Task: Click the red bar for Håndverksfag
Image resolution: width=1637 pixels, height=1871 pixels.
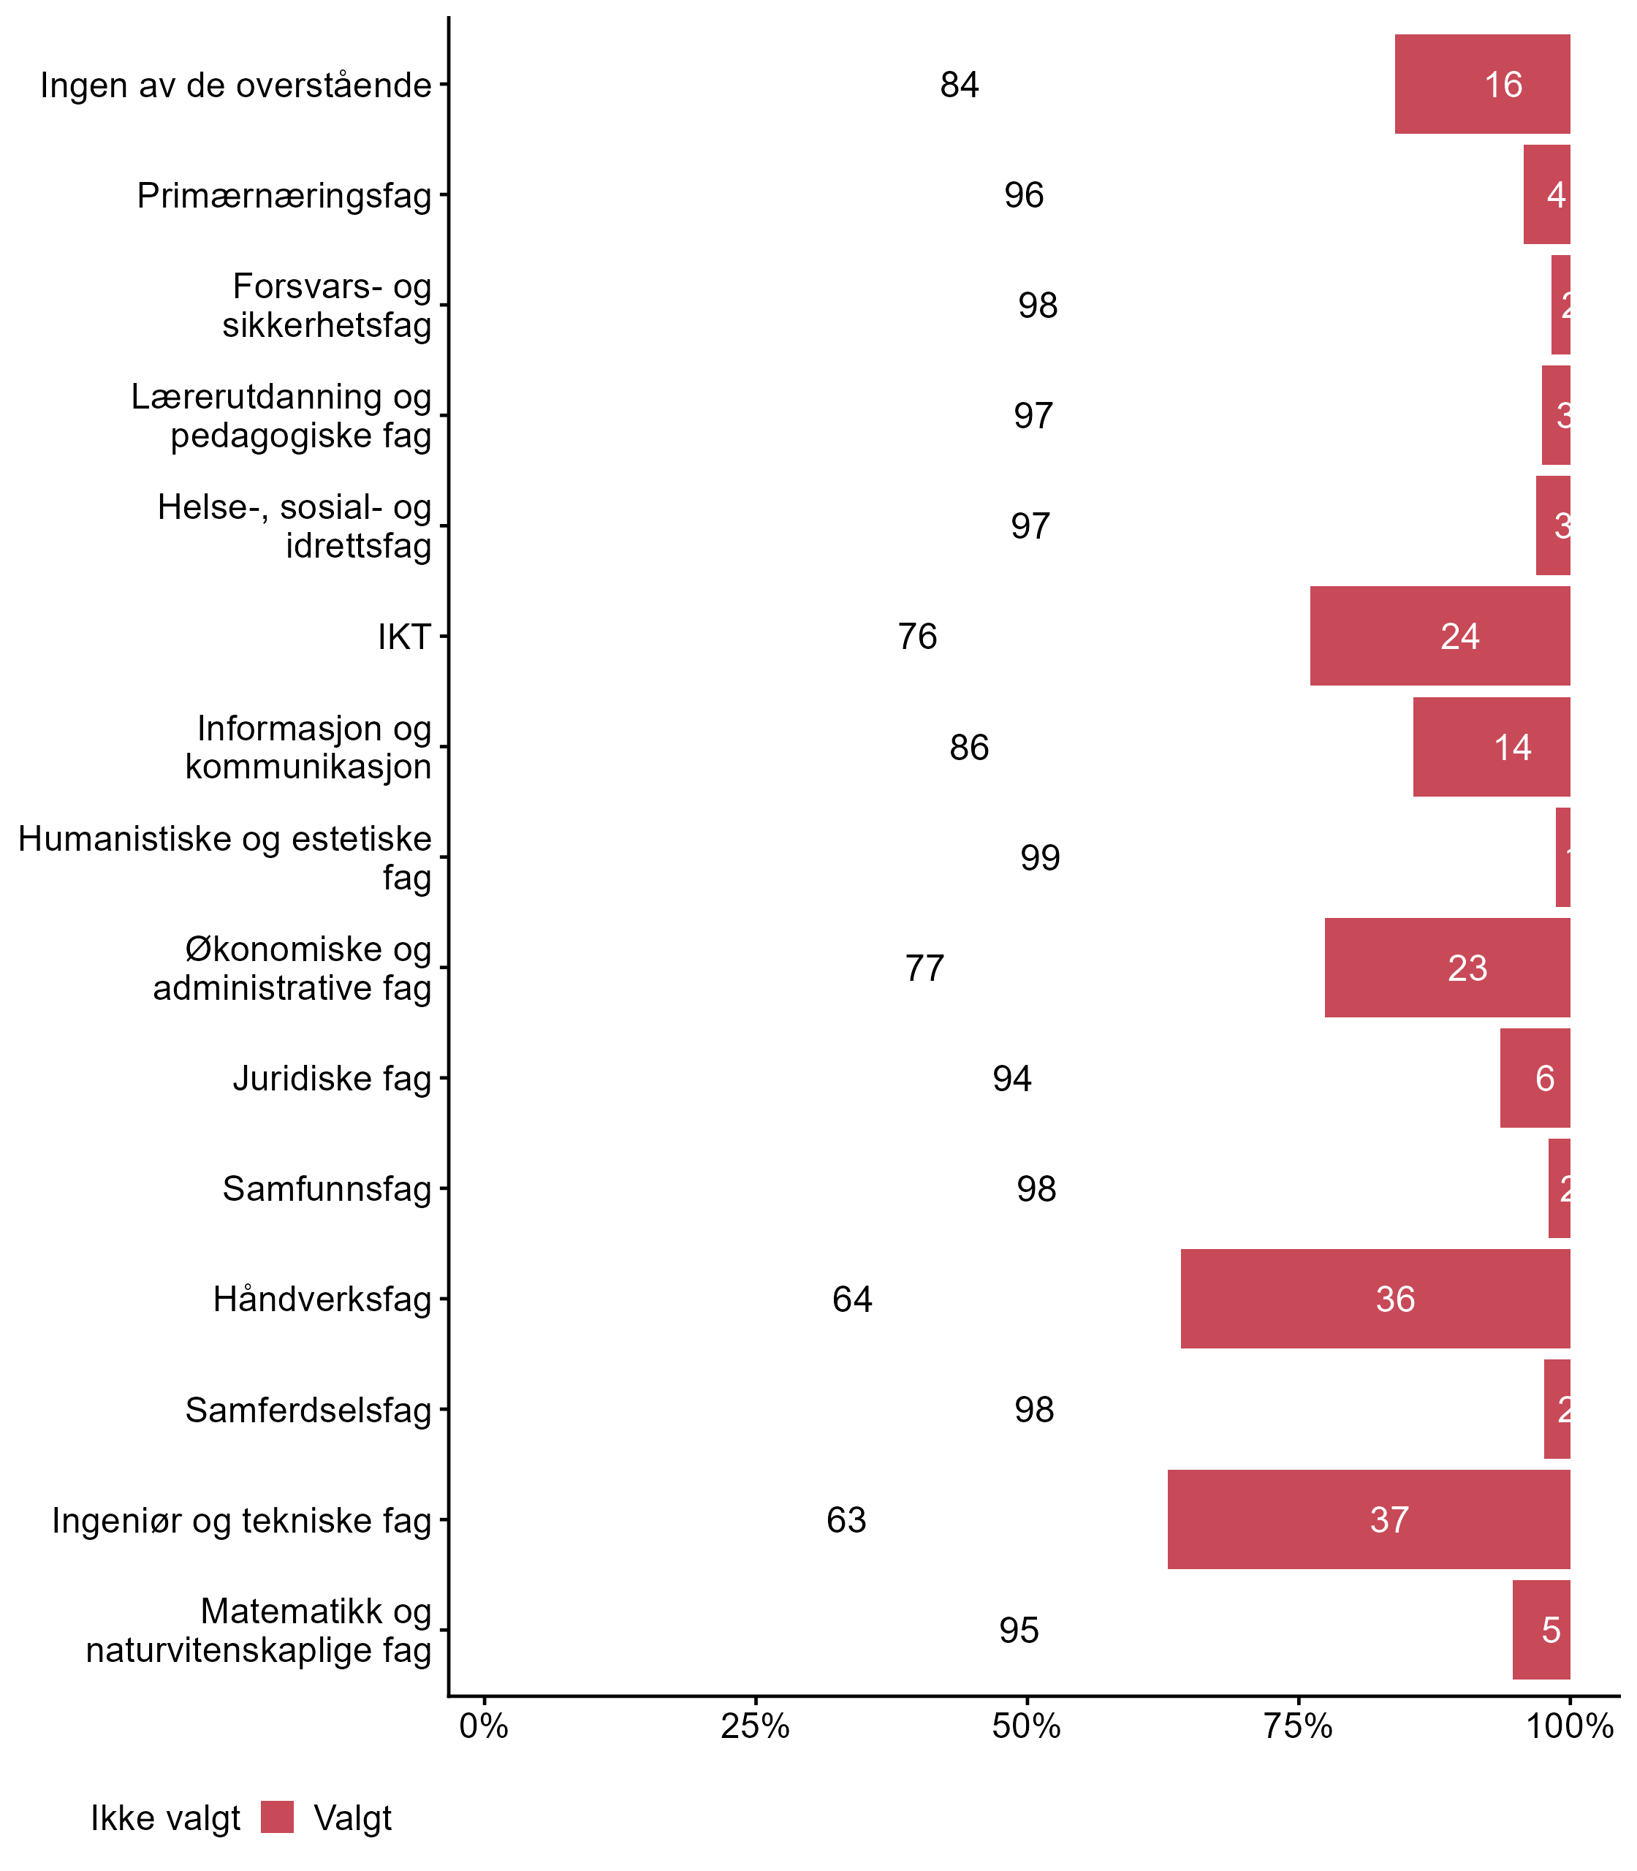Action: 1375,1298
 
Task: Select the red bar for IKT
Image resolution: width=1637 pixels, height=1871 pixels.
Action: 1440,636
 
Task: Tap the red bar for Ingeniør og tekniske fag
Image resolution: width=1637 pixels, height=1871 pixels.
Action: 1368,1519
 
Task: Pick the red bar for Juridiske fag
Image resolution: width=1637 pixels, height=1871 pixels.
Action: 1535,1078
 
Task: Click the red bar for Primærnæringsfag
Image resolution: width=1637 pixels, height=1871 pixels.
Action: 1546,194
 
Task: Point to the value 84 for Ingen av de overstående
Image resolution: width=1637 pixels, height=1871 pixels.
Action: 959,85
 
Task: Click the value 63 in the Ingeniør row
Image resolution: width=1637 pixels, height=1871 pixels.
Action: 846,1519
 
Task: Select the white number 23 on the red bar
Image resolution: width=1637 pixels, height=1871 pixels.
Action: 1467,968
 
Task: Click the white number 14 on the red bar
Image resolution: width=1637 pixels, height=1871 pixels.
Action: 1512,747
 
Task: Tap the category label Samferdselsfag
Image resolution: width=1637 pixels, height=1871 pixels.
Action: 308,1410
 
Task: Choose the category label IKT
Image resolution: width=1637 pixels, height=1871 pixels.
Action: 403,637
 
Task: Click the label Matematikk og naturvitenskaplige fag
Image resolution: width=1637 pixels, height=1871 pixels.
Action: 259,1631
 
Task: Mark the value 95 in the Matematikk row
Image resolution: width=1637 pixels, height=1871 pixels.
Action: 1019,1630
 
